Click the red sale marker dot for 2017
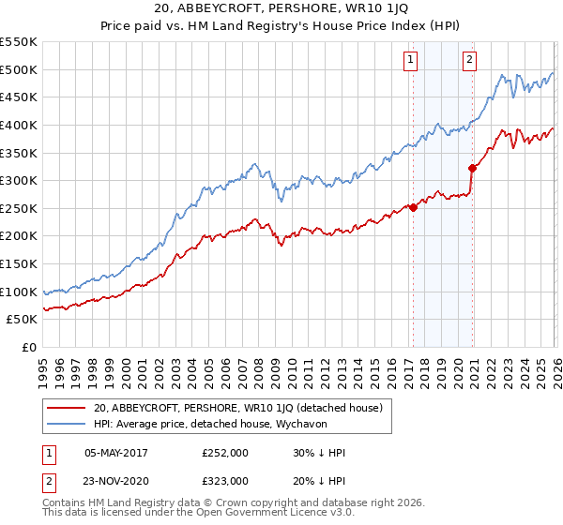tap(413, 207)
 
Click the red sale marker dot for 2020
tap(472, 168)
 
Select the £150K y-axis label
tap(19, 263)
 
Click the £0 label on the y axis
tap(28, 347)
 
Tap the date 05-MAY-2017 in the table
tap(116, 452)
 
